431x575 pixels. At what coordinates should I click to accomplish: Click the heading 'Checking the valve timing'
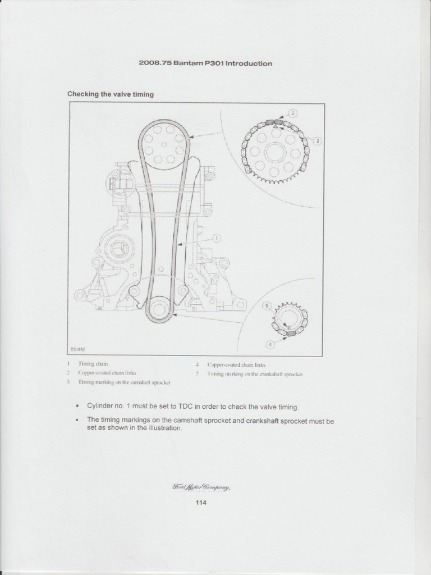click(111, 94)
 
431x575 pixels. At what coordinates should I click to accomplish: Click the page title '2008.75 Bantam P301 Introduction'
click(205, 63)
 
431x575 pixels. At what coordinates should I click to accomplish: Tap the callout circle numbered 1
click(217, 238)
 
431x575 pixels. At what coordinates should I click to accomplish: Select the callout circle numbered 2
click(293, 113)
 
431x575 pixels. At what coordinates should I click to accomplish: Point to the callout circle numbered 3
click(317, 141)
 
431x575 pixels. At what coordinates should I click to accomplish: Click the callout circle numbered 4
click(270, 344)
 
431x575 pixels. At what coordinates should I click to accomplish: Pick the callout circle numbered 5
click(268, 305)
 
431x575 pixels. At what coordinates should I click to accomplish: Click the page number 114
click(201, 503)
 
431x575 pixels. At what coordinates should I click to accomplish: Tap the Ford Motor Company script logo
click(201, 487)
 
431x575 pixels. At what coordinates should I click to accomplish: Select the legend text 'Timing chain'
click(93, 364)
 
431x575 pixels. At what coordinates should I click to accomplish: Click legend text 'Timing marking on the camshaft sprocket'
click(124, 382)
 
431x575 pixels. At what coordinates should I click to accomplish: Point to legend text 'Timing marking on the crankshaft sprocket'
click(255, 373)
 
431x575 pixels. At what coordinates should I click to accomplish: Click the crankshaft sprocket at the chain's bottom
click(160, 310)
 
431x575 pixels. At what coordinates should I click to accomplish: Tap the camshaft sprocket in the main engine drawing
click(163, 144)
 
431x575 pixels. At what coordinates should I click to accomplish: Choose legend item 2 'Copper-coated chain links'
click(107, 373)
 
